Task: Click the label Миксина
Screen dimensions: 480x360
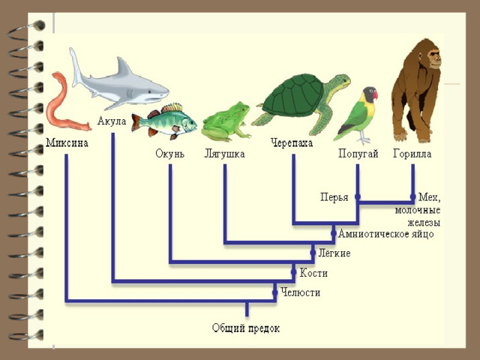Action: [x=67, y=143]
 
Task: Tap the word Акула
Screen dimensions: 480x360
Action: [x=112, y=121]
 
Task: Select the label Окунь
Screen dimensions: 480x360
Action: [x=170, y=153]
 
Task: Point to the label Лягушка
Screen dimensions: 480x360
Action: [x=224, y=154]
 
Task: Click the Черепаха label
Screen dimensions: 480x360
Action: [x=292, y=143]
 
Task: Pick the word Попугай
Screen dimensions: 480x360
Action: [x=358, y=153]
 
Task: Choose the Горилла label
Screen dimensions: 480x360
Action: [x=412, y=153]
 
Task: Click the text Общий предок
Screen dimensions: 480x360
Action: [x=246, y=328]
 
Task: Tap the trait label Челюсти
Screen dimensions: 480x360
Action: [x=301, y=292]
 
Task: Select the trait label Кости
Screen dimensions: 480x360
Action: [x=313, y=273]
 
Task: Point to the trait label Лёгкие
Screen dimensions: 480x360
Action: [x=334, y=253]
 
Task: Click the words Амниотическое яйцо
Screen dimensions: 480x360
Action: [x=386, y=234]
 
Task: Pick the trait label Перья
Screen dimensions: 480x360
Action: [x=334, y=197]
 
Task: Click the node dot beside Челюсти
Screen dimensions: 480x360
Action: [x=275, y=292]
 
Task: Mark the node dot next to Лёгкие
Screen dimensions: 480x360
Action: [x=313, y=253]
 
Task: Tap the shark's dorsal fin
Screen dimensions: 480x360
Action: [x=123, y=68]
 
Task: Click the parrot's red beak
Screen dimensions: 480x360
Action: [x=375, y=94]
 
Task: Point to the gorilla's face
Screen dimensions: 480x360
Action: [x=433, y=58]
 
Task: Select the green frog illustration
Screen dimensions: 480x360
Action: [x=226, y=122]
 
